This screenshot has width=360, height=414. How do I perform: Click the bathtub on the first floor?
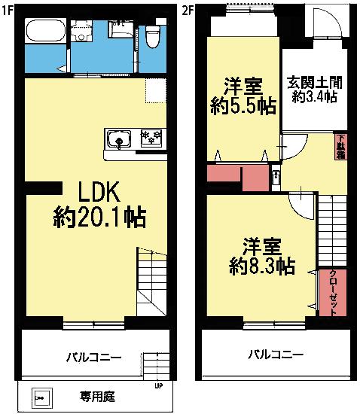46,32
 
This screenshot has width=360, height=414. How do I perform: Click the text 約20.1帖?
99,218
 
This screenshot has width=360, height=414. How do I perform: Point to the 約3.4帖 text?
314,97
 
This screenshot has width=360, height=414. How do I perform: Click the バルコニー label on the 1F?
93,356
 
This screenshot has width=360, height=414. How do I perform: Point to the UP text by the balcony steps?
158,388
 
